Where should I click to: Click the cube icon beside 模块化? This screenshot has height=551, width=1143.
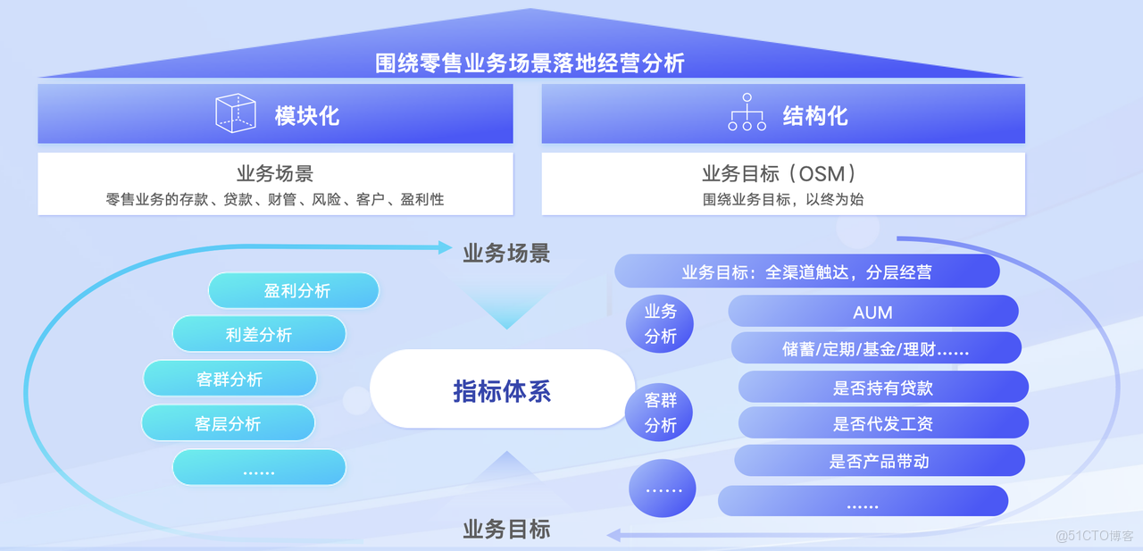coord(236,114)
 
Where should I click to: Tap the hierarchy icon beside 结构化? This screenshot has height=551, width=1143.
coord(747,113)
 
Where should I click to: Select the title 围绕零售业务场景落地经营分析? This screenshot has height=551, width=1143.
coord(530,63)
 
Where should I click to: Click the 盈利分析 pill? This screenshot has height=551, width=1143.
coord(294,291)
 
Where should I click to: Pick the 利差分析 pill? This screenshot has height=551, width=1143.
coord(259,335)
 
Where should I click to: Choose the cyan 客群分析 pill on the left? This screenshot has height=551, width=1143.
coord(229,379)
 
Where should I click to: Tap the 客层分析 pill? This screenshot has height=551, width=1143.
coord(228,423)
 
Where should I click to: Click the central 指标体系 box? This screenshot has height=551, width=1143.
coord(502,390)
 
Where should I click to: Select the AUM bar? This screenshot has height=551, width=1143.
coord(873,312)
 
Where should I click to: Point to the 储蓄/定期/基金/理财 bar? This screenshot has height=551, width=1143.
coord(875,349)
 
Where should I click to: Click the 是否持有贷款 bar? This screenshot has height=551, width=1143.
coord(882,388)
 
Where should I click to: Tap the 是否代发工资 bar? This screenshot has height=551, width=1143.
coord(882,424)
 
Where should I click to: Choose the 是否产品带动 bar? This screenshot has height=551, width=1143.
coord(879,461)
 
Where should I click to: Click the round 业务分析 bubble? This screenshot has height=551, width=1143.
coord(661,323)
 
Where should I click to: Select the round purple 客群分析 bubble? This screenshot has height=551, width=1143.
coord(661,413)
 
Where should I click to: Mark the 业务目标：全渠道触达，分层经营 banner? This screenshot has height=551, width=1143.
coord(806,271)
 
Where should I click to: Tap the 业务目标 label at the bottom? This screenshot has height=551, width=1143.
coord(506,529)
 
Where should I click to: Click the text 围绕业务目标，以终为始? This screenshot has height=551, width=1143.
coord(782,199)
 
